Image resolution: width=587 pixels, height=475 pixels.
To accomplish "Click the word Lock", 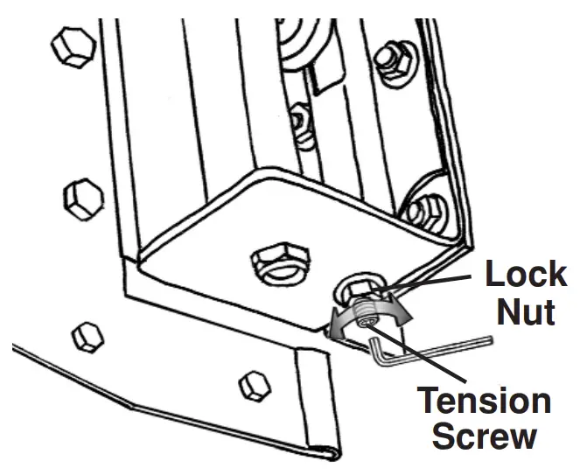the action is pos(525,274).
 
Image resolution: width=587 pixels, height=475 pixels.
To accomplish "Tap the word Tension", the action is pos(483,402).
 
